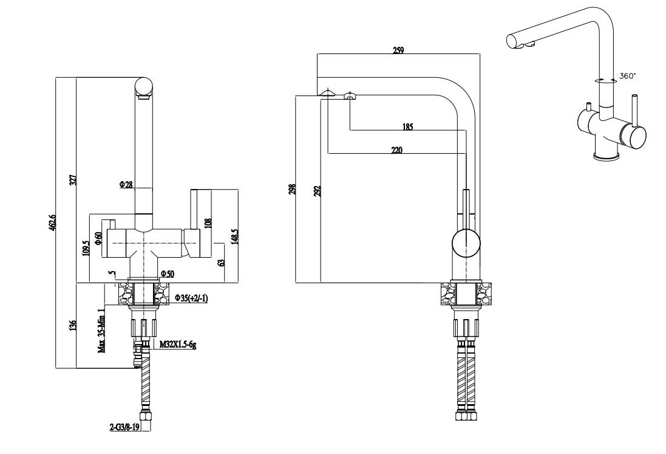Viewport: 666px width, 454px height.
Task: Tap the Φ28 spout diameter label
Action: pyautogui.click(x=126, y=184)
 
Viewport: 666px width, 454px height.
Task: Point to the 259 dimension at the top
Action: pyautogui.click(x=398, y=51)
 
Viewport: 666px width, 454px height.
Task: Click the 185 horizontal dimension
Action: pyautogui.click(x=407, y=127)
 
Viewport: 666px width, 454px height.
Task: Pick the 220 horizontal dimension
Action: pyautogui.click(x=397, y=150)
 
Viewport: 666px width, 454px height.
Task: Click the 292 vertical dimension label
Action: pyautogui.click(x=317, y=191)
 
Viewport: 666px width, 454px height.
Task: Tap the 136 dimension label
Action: pyautogui.click(x=73, y=326)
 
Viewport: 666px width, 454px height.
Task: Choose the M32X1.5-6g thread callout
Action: pyautogui.click(x=177, y=345)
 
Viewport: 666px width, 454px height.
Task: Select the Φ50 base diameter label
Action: pyautogui.click(x=166, y=275)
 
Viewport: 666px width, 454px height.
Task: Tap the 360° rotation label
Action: pyautogui.click(x=628, y=77)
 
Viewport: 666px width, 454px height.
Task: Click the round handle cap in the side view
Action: pyautogui.click(x=466, y=246)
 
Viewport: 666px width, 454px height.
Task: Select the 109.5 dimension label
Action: pyautogui.click(x=86, y=249)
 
